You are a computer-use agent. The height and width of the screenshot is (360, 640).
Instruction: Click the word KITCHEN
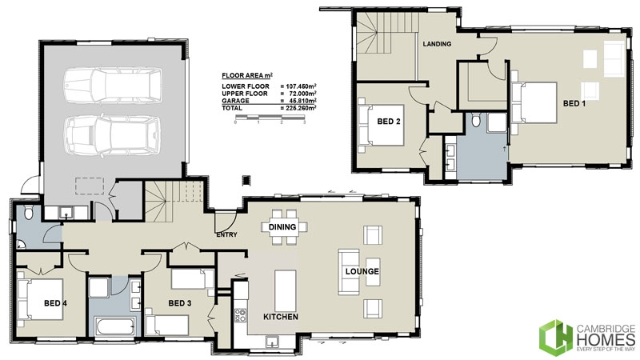(x=280, y=318)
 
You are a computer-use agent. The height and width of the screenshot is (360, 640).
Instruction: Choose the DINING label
(x=283, y=227)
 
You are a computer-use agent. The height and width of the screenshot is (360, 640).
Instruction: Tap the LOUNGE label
(x=362, y=271)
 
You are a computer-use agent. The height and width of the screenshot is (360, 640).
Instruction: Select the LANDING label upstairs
(x=437, y=44)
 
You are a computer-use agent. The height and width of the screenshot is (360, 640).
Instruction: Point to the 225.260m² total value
(x=298, y=106)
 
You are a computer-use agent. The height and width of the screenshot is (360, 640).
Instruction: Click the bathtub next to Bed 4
(x=115, y=325)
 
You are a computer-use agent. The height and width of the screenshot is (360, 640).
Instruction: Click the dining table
(x=283, y=228)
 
